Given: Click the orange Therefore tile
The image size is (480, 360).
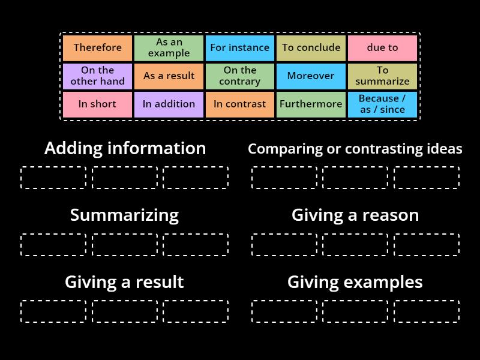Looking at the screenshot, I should pos(97,48).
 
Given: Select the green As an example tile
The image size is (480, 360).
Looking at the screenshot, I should pos(169,48).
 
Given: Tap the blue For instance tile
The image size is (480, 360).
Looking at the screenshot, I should pos(240,48).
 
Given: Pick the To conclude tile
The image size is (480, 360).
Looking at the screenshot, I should pos(311,48).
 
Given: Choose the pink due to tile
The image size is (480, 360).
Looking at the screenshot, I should pos(382,48).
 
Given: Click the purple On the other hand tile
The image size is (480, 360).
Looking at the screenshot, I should pos(97,76).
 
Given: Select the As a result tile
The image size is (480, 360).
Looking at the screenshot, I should pos(169,76).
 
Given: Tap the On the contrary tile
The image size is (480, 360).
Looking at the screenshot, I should pos(240,76).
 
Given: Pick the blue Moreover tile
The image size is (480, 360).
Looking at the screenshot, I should pos(311,76).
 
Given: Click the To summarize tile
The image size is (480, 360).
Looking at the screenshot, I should pos(382,76).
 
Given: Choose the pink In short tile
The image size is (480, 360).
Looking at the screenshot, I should pos(97,104).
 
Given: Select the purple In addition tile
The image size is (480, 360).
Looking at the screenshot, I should pos(169,104).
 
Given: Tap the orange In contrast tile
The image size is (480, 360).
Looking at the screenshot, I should pos(240,104).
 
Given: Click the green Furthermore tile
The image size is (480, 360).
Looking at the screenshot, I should pos(311,104).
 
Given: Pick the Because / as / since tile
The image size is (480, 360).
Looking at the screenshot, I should pos(382,104).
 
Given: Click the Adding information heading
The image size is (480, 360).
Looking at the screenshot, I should pos(125,148).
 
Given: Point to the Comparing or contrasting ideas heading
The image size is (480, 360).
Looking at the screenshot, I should pos(355,149).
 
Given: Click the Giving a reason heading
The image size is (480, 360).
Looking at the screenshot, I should pos(355,215).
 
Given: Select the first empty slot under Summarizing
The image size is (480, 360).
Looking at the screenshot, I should pos(53,245).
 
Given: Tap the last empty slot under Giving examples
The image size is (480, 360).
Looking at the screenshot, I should pos(427,311).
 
